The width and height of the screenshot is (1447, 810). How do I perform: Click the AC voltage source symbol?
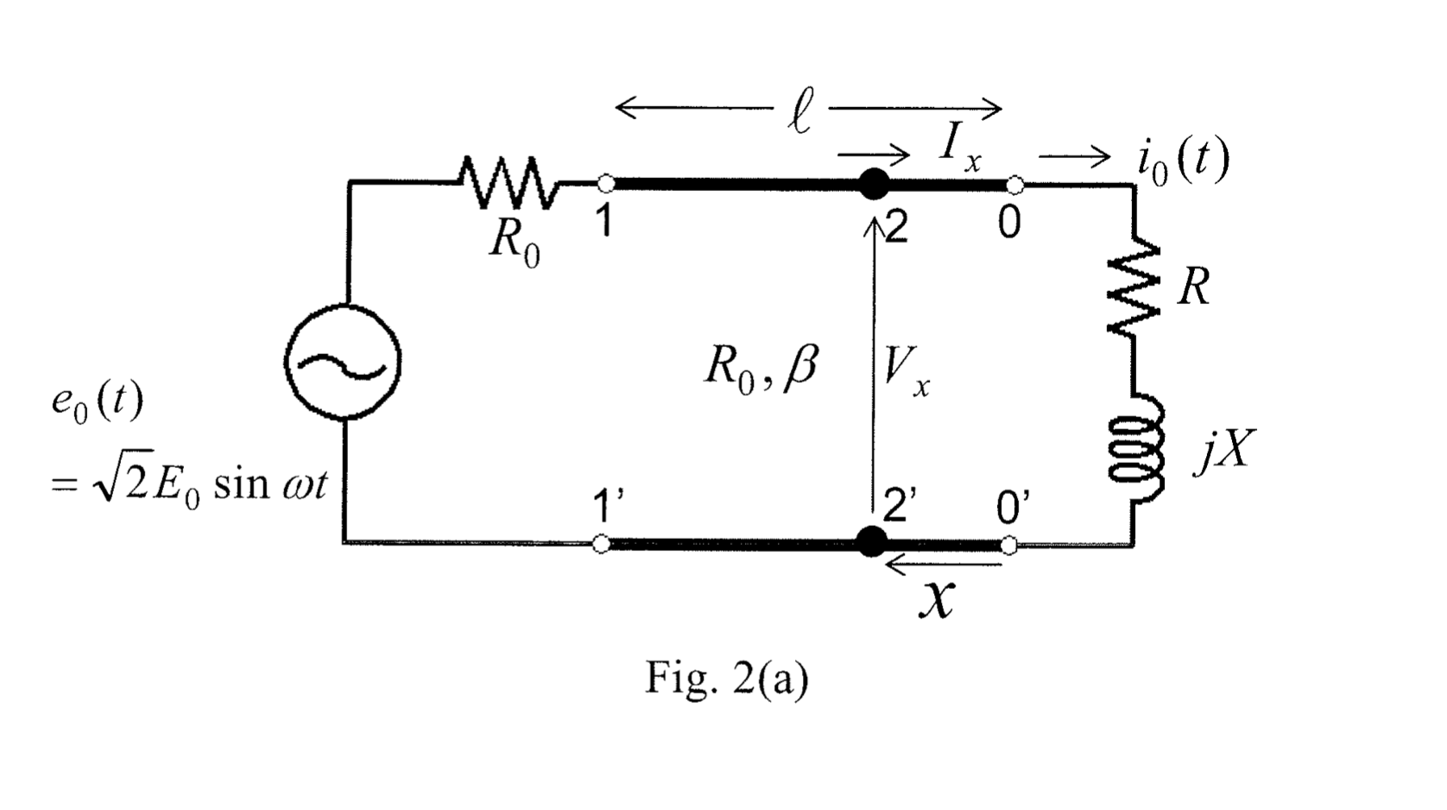pyautogui.click(x=342, y=362)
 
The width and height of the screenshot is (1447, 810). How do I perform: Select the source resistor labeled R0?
pyautogui.click(x=509, y=184)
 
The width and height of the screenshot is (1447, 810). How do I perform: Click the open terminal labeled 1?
pyautogui.click(x=606, y=184)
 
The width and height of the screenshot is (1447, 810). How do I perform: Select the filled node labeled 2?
pyautogui.click(x=874, y=184)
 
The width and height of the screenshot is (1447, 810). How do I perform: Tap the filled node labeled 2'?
pyautogui.click(x=873, y=542)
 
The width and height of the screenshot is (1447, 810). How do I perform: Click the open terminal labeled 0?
pyautogui.click(x=1015, y=184)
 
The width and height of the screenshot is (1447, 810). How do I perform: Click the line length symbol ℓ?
pyautogui.click(x=799, y=115)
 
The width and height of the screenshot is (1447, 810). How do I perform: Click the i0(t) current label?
pyautogui.click(x=1182, y=161)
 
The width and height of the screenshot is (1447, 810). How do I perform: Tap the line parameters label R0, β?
pyautogui.click(x=761, y=369)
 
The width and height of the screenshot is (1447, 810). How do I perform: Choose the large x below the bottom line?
pyautogui.click(x=937, y=598)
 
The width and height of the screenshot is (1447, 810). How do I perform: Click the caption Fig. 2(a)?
pyautogui.click(x=727, y=680)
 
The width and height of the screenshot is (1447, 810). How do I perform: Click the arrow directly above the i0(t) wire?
pyautogui.click(x=1073, y=157)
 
